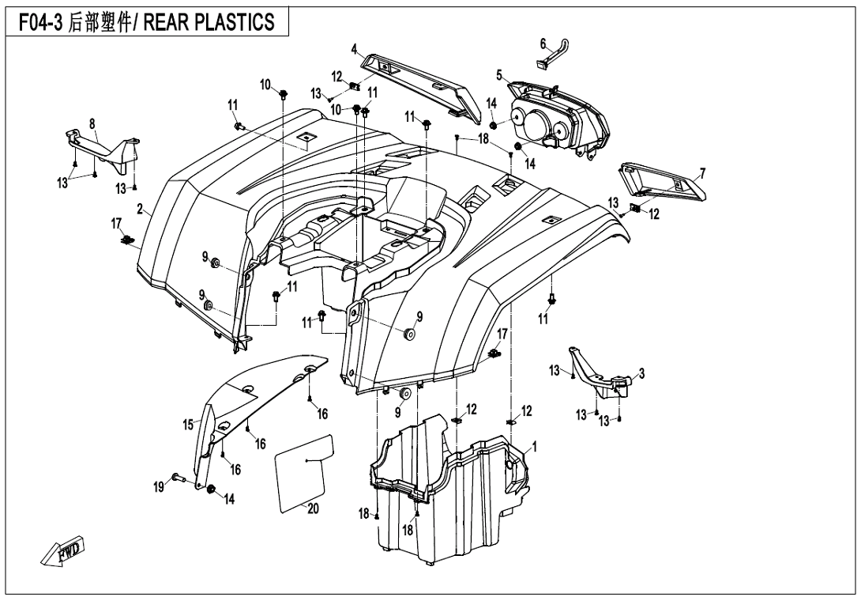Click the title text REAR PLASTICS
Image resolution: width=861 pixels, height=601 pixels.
220,21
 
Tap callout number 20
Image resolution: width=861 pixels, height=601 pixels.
313,509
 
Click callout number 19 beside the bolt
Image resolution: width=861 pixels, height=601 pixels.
159,488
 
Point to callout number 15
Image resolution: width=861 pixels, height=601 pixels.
188,425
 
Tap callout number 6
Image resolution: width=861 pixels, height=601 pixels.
543,44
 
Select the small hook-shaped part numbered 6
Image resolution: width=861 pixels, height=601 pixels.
552,60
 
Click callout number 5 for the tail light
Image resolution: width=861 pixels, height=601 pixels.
499,76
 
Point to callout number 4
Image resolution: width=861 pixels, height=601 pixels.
355,47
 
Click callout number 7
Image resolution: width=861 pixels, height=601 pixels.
702,172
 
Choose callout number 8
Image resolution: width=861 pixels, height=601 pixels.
92,123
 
